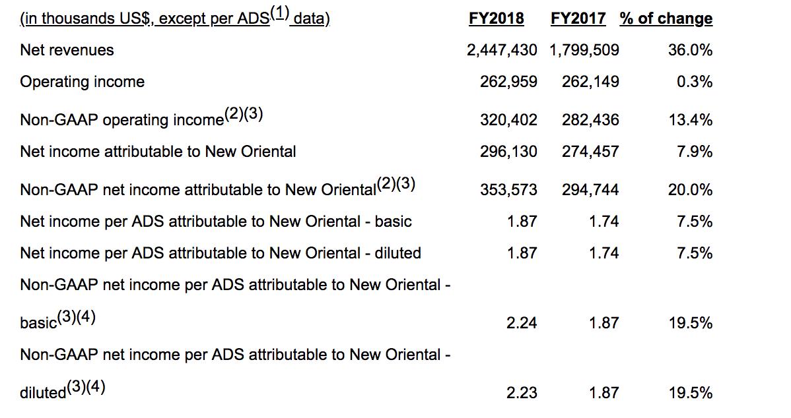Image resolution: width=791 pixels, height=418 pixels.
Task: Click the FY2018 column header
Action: tap(497, 18)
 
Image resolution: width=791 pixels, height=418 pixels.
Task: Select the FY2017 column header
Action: tap(578, 18)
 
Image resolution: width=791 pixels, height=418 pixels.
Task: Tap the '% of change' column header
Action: tap(666, 18)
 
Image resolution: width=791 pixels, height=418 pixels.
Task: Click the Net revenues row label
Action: tap(67, 50)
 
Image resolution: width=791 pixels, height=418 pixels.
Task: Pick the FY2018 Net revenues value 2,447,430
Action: tap(502, 50)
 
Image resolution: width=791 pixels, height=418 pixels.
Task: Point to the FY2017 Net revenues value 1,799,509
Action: tap(584, 50)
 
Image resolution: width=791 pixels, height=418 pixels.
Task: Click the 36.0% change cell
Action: tap(690, 50)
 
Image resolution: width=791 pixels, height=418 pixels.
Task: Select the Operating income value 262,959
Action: tap(508, 82)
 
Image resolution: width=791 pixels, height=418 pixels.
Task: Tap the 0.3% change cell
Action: tap(695, 82)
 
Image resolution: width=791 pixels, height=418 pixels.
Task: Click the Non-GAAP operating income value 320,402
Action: tap(508, 120)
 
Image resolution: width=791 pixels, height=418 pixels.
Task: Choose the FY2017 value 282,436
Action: tap(591, 120)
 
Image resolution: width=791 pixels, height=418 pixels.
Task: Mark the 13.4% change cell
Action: tap(690, 120)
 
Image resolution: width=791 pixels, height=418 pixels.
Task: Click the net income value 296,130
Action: tap(508, 152)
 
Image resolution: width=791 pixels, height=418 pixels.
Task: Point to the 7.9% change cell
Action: tap(695, 152)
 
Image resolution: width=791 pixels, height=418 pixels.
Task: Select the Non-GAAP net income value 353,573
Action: tap(508, 190)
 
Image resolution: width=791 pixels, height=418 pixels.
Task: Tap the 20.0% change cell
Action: tap(690, 190)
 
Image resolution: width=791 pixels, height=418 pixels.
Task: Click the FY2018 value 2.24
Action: tap(522, 323)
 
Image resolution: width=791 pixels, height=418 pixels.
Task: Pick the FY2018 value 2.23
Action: tap(522, 393)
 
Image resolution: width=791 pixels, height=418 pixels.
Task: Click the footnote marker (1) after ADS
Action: tap(279, 13)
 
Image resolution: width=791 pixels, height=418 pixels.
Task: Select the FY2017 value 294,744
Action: tap(591, 190)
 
